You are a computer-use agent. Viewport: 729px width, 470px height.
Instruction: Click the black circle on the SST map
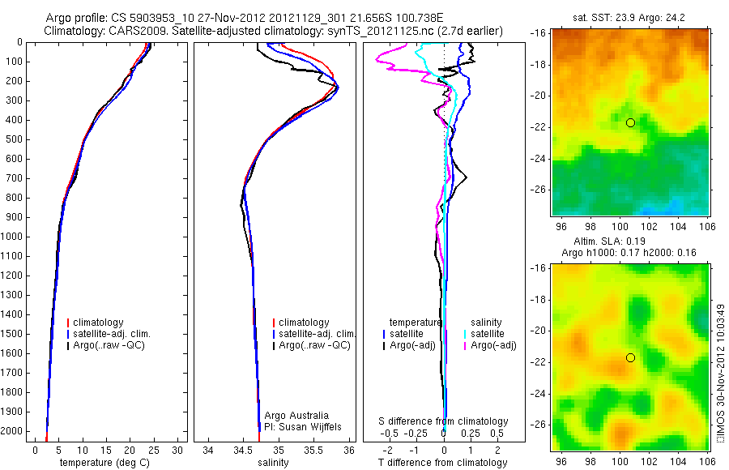(630, 122)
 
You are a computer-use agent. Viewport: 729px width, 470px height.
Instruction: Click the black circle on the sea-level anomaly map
(630, 357)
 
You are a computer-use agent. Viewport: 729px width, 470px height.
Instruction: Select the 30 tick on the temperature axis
(177, 450)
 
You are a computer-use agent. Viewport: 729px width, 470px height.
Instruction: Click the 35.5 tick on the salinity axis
(314, 450)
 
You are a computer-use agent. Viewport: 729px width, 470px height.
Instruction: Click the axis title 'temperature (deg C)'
(105, 463)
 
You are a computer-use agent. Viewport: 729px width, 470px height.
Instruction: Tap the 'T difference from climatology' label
(444, 463)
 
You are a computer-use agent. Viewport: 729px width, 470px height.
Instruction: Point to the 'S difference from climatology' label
(444, 421)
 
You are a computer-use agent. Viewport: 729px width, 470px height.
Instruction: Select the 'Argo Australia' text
(296, 415)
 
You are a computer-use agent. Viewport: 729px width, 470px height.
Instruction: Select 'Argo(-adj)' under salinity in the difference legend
(494, 345)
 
